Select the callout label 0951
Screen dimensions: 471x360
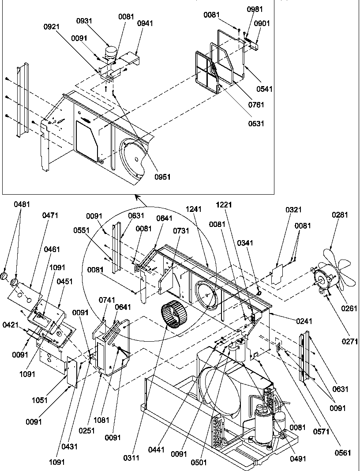click(162, 177)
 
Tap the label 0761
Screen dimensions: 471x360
click(256, 105)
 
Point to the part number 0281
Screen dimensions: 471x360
click(340, 215)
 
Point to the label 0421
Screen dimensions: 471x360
click(10, 325)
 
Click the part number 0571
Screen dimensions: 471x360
click(322, 432)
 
